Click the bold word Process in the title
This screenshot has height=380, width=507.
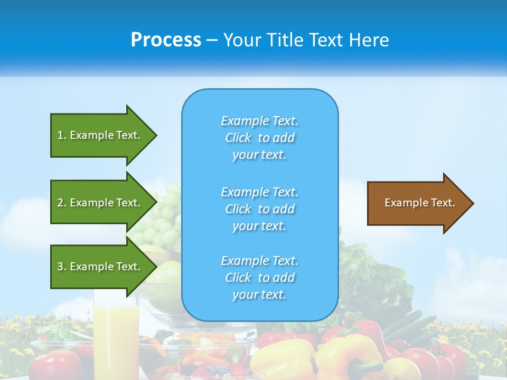(166, 40)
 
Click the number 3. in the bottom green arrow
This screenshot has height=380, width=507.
(61, 267)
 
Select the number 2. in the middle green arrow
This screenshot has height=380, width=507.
(61, 203)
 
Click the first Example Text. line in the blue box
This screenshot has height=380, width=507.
(259, 121)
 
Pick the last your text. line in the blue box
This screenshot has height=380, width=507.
(259, 294)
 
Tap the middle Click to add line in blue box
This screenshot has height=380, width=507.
(259, 209)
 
